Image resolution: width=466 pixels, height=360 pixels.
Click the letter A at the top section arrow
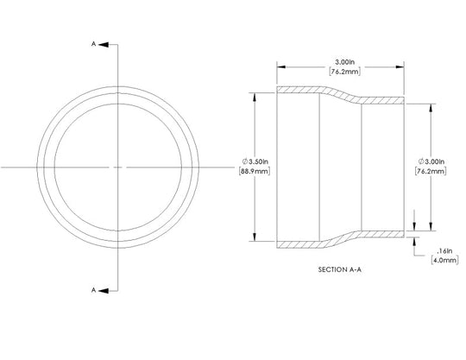pos(93,44)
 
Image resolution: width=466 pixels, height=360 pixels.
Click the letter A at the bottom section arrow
pos(93,290)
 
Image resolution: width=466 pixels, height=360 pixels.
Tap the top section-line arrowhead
pos(104,45)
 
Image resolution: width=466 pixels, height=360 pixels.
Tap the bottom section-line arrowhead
pos(104,291)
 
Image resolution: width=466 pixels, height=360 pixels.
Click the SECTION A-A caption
pos(340,269)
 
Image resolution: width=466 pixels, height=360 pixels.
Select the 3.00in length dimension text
pos(344,62)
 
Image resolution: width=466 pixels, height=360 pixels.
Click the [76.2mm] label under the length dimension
pos(344,72)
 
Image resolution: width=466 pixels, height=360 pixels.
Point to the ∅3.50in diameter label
pos(255,161)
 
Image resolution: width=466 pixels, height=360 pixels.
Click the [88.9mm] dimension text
pos(255,172)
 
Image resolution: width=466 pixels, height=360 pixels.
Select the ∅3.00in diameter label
pos(431,161)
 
